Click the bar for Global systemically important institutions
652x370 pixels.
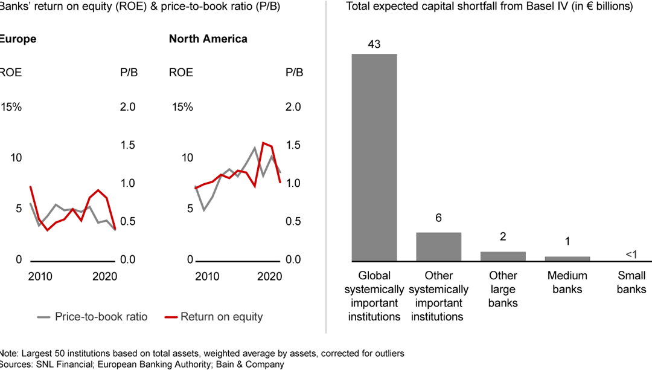click(374, 157)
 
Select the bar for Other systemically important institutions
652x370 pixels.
click(438, 247)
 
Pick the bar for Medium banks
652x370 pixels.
click(567, 259)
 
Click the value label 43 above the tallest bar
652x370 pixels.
click(374, 45)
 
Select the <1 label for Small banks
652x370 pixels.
click(631, 255)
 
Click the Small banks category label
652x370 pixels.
click(631, 282)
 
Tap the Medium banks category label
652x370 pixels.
click(567, 282)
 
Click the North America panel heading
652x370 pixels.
click(208, 39)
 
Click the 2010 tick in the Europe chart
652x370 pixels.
click(40, 276)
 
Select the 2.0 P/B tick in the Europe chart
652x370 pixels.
click(129, 107)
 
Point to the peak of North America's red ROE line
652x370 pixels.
click(263, 143)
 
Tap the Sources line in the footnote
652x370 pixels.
click(142, 364)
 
